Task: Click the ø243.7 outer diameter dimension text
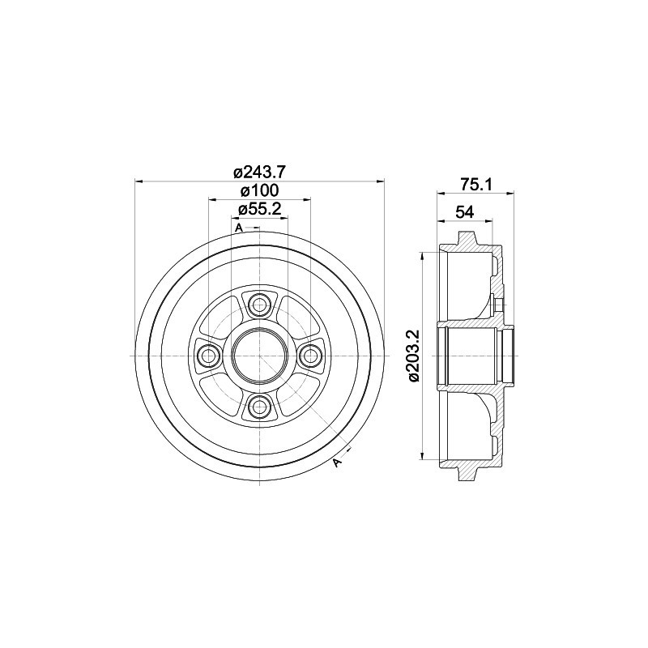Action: tap(259, 172)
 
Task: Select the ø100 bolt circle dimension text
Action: tap(259, 190)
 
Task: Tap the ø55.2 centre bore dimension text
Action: tap(259, 209)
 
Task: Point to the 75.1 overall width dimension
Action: tap(475, 185)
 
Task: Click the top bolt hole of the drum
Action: tap(259, 305)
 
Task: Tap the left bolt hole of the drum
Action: tap(209, 356)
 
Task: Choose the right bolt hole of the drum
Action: tap(309, 356)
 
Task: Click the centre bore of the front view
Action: tap(259, 356)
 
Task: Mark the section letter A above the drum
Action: tap(239, 228)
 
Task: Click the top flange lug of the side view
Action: tap(467, 240)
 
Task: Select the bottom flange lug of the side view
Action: tap(467, 471)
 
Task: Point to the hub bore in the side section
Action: tap(474, 356)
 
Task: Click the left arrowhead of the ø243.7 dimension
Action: tap(139, 181)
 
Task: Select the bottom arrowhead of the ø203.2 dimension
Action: tap(422, 455)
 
